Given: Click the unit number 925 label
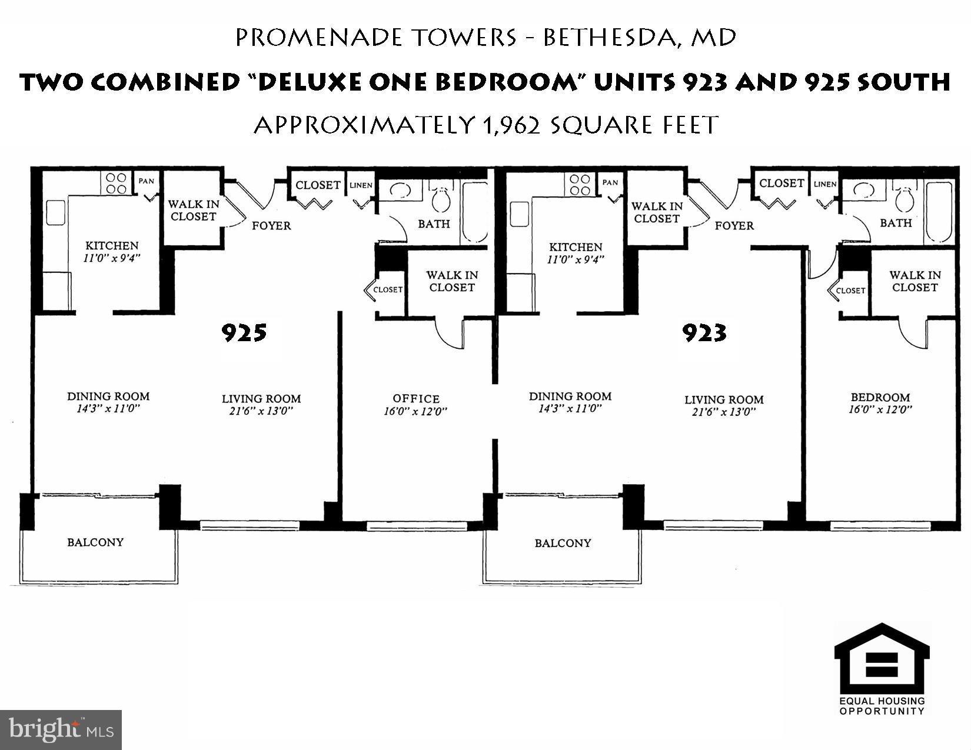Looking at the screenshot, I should (x=244, y=333).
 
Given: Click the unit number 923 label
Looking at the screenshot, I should (x=704, y=333).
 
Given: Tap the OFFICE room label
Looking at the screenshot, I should (x=416, y=399).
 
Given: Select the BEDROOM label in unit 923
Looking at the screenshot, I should (x=880, y=397).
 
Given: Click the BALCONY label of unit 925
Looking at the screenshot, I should (x=95, y=542).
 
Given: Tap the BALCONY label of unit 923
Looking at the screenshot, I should (x=563, y=543).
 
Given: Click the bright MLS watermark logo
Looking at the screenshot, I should (x=61, y=730).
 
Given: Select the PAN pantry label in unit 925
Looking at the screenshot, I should (x=146, y=181).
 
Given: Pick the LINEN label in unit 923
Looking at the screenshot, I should (x=824, y=184).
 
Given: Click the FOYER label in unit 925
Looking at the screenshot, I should (x=271, y=225).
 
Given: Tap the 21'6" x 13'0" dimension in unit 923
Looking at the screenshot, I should (x=724, y=412).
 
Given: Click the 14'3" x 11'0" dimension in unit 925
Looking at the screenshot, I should (x=108, y=408).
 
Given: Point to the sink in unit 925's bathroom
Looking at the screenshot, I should (x=401, y=191).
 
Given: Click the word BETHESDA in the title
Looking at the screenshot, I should (x=609, y=38).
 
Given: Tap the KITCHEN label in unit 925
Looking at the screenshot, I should (x=112, y=245).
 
